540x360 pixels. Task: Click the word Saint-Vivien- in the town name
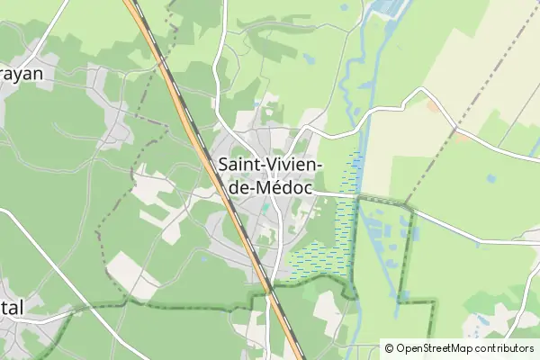tap(271, 165)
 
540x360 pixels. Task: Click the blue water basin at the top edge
tap(389, 7)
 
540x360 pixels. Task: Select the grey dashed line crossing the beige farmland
tap(441, 144)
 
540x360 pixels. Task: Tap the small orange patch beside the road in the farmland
tap(463, 138)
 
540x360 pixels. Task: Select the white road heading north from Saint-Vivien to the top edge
tap(221, 54)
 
